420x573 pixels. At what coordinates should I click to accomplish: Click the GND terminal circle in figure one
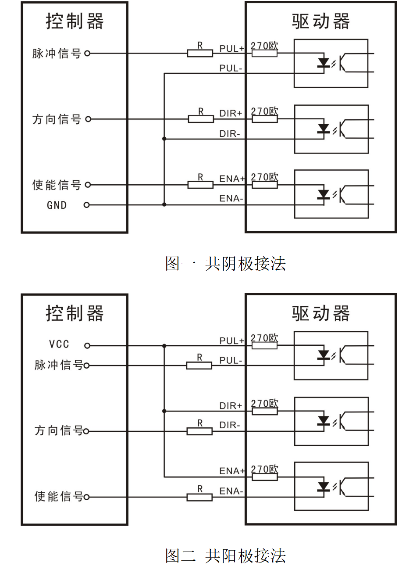86,205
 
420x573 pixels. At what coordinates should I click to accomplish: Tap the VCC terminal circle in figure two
87,346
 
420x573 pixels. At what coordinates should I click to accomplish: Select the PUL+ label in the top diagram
231,48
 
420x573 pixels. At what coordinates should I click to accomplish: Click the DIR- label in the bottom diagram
230,425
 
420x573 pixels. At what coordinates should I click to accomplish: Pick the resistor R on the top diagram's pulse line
200,54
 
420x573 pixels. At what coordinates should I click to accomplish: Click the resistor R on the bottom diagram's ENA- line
199,497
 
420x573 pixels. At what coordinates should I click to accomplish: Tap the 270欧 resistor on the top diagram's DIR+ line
264,119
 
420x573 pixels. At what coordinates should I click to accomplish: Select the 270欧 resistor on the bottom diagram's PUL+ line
264,346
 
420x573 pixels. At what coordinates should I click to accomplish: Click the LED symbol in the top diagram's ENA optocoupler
324,194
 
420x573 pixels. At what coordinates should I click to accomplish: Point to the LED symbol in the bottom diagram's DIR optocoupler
324,421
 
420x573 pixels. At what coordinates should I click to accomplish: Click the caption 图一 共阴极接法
225,263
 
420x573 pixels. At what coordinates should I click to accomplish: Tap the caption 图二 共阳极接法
225,555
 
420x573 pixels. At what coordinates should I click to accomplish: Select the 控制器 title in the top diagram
75,21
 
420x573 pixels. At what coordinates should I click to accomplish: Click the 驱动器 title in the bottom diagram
321,313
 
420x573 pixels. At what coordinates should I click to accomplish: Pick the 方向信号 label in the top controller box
57,119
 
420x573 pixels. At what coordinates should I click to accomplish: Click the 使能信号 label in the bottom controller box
58,496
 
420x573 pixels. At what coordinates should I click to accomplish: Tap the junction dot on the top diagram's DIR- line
164,139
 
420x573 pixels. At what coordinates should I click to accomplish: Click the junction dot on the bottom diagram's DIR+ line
164,411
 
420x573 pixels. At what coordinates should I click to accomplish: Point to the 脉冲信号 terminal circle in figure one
87,54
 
